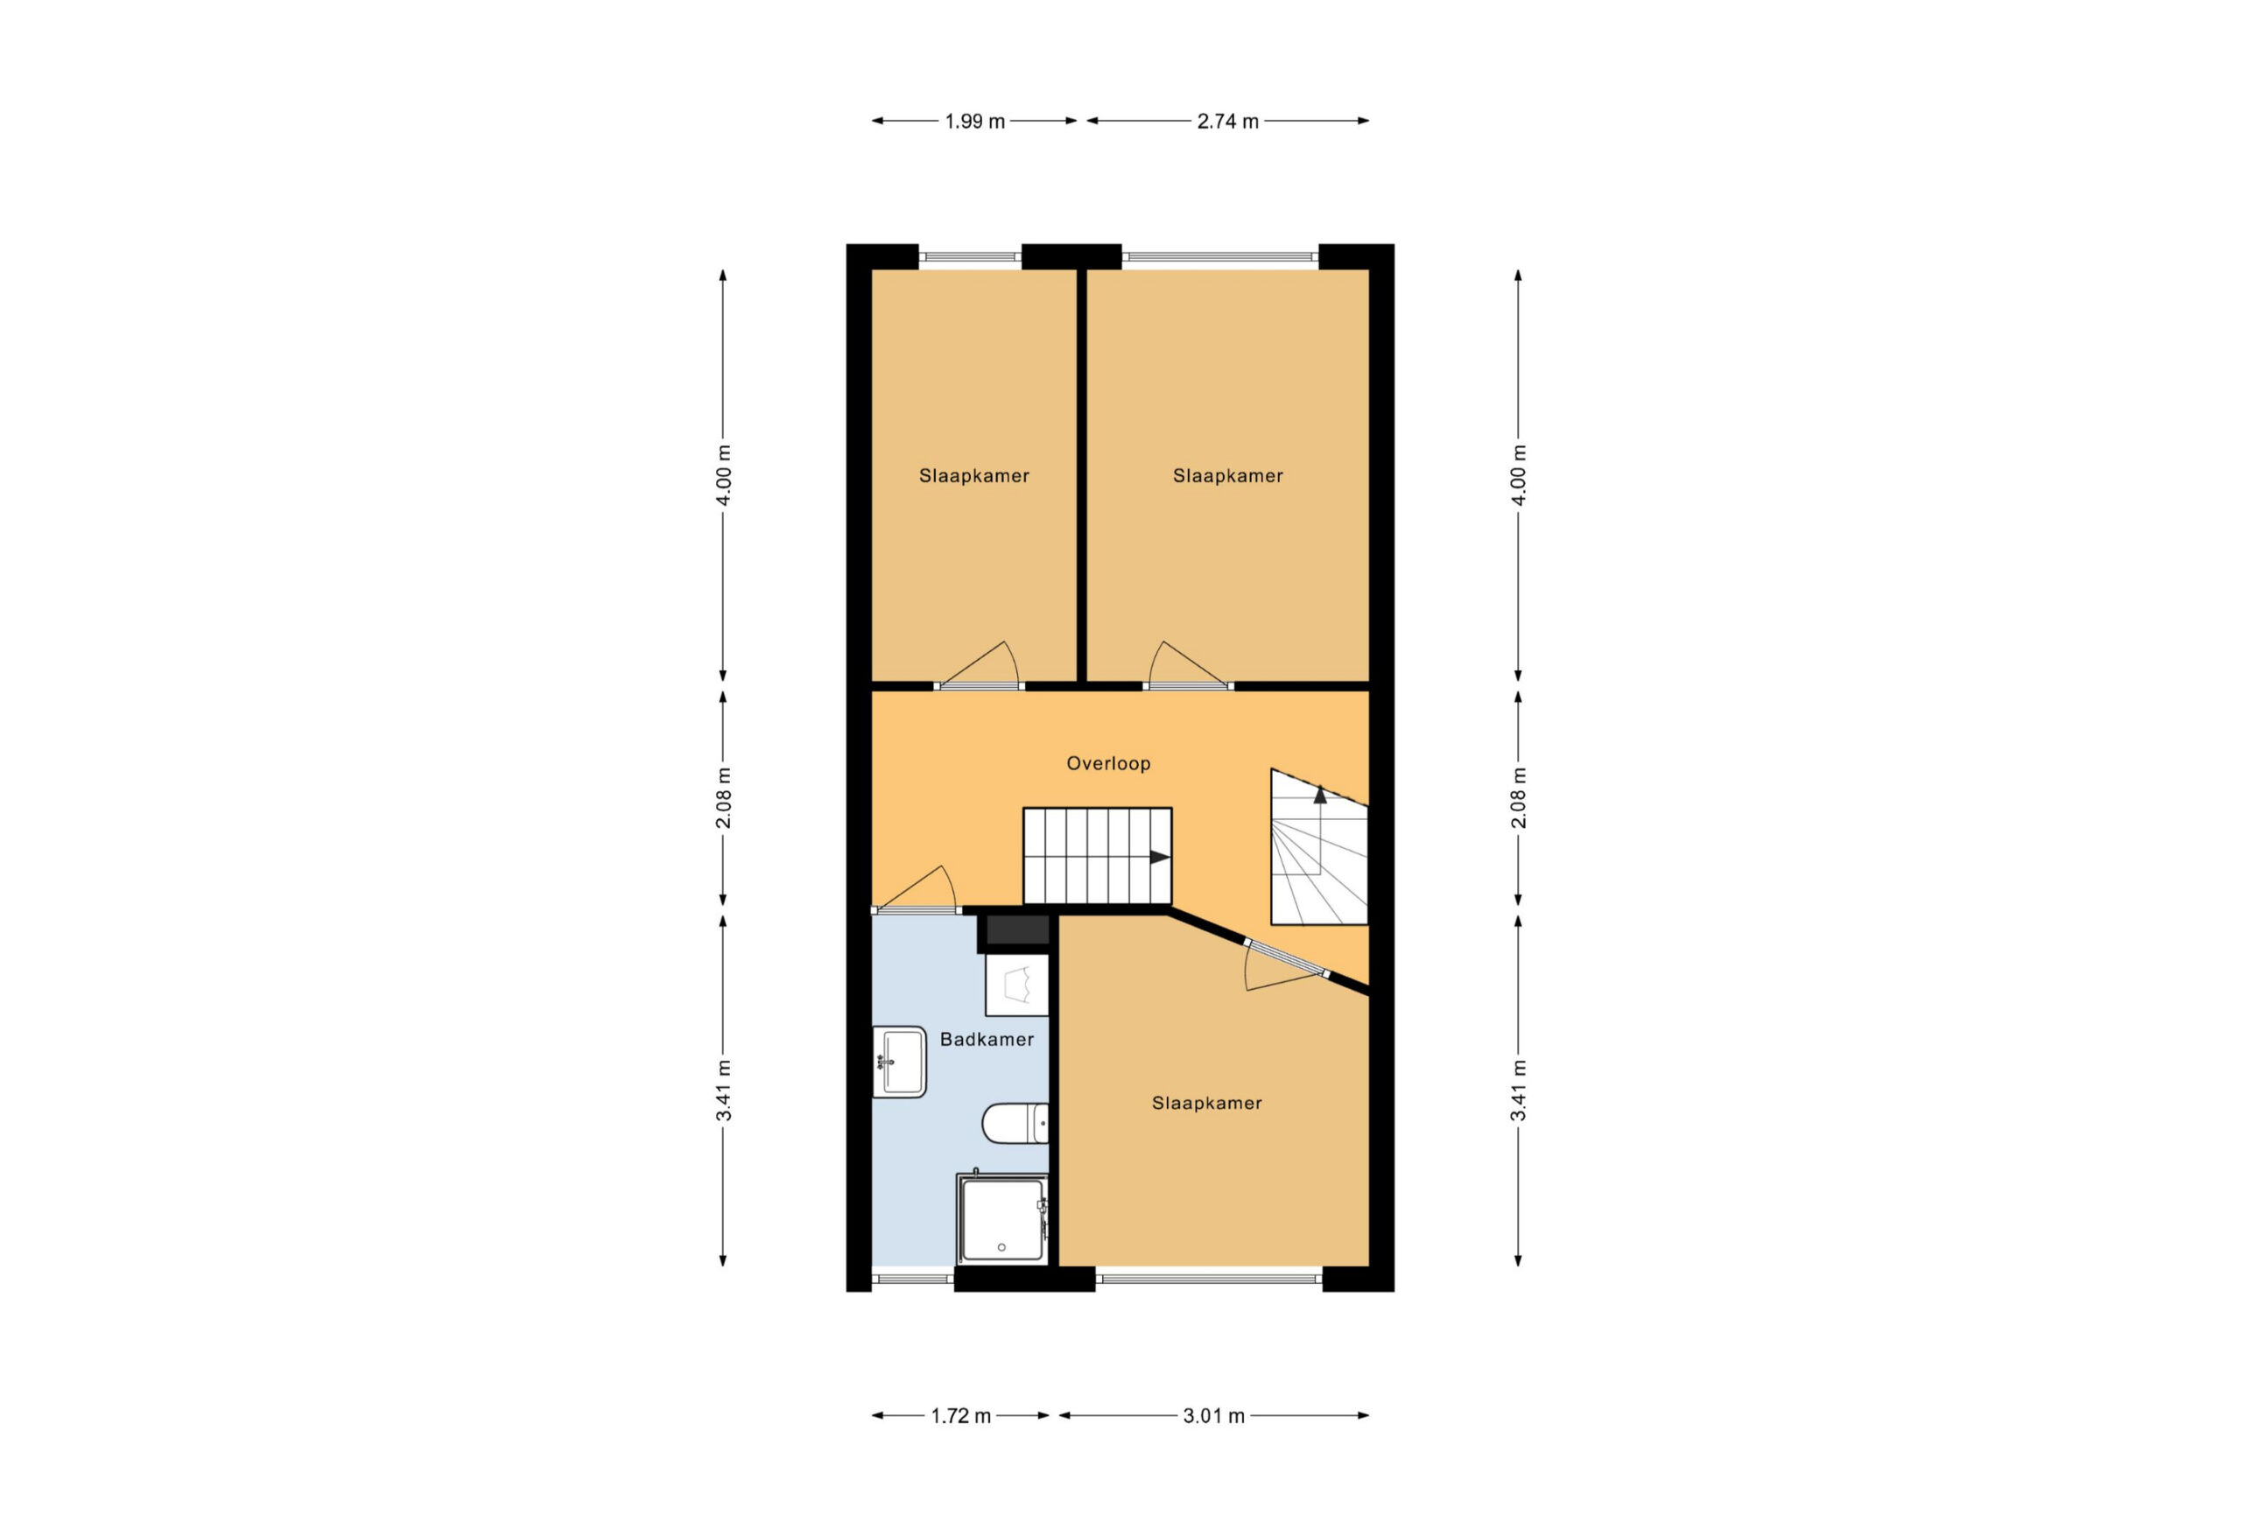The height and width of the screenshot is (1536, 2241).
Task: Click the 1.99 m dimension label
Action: coord(974,122)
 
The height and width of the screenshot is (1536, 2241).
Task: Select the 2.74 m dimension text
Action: coord(1227,122)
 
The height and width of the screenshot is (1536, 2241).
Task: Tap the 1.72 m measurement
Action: coord(960,1416)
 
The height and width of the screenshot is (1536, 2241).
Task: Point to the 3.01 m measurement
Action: coord(1214,1416)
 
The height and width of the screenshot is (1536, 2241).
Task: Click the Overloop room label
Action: coord(1108,764)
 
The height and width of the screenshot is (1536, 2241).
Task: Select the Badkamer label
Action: coord(987,1040)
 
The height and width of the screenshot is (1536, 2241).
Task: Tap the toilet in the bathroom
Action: coord(1015,1123)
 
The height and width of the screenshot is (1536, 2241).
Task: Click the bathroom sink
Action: coord(899,1063)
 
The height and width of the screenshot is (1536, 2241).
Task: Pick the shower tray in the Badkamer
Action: coord(1002,1219)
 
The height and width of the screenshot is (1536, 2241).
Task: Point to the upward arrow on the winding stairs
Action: coord(1320,796)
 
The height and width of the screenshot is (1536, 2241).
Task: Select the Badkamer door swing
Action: coord(914,889)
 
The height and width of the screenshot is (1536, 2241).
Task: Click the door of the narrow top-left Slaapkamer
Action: coord(978,666)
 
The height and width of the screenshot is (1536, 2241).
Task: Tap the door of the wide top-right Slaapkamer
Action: coord(1188,666)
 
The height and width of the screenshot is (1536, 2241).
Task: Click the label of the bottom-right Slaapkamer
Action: coord(1206,1103)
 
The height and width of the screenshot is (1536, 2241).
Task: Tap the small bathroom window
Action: coord(913,1279)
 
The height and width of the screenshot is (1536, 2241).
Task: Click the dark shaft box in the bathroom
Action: coord(1017,930)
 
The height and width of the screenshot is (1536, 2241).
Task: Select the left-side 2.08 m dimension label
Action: coord(723,798)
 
